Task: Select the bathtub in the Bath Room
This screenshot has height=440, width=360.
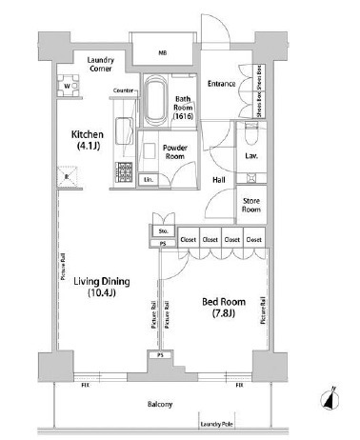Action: (155, 100)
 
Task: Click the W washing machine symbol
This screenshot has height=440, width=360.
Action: (68, 86)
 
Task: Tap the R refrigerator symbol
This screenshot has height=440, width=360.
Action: (66, 176)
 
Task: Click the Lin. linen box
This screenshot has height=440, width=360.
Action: (148, 178)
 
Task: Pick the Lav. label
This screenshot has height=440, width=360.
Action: (251, 154)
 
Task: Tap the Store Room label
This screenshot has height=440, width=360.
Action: (250, 205)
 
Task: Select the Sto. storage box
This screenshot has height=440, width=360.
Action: (163, 230)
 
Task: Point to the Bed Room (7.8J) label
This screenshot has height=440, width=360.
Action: (220, 309)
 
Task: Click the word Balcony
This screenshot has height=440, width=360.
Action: (160, 406)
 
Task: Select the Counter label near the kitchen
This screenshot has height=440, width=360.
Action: (122, 90)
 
